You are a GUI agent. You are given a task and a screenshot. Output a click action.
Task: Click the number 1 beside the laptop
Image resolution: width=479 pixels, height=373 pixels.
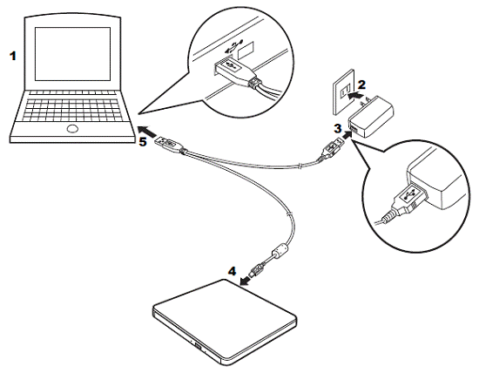(12, 56)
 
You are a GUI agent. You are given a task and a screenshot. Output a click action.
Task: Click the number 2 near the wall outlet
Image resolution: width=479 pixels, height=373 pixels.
(361, 85)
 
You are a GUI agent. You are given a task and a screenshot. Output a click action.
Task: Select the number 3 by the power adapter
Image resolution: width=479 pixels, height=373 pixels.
(338, 128)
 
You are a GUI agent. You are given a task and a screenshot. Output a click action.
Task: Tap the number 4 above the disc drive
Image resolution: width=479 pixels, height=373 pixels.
(233, 271)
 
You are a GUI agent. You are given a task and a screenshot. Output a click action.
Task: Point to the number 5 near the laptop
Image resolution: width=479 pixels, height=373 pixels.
(143, 141)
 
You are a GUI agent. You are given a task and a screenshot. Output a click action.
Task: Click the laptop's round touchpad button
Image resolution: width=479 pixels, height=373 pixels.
(72, 129)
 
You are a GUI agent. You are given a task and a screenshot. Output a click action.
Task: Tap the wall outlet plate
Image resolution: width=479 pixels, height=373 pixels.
(344, 92)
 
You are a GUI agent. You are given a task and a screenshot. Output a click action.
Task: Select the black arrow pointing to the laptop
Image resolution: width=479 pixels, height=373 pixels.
(147, 132)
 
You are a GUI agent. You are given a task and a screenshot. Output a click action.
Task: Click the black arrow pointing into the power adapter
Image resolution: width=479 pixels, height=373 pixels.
(347, 134)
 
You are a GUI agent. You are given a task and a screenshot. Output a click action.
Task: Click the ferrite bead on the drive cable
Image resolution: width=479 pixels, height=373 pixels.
(280, 250)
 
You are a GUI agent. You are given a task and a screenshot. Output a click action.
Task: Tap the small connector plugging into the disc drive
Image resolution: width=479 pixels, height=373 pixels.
(256, 269)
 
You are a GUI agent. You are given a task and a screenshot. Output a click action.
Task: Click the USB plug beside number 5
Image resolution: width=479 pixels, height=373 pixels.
(170, 145)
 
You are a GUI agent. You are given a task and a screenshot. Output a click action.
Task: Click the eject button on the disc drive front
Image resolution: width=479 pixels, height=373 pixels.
(198, 348)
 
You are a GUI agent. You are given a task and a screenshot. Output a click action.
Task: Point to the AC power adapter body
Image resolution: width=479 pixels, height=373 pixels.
(370, 117)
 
